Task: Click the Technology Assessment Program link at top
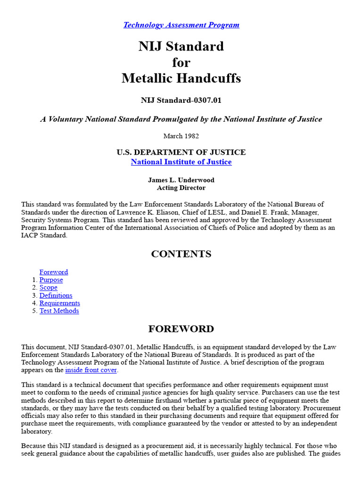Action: (181, 25)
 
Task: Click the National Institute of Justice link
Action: (181, 162)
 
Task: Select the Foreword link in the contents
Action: (53, 272)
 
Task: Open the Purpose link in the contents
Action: (51, 280)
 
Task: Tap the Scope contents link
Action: (48, 288)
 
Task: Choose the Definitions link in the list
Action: (56, 295)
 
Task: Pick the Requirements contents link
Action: (59, 303)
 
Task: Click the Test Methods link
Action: (59, 311)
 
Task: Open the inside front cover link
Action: (91, 370)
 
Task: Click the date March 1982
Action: (181, 136)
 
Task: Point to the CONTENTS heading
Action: (181, 254)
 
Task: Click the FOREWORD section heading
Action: (181, 329)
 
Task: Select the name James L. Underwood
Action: (181, 180)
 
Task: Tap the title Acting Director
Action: (181, 188)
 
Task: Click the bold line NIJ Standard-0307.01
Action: (181, 100)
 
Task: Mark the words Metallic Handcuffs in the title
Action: (181, 78)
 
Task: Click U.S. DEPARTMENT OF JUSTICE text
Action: (181, 152)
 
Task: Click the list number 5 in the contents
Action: (34, 311)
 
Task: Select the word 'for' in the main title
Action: (181, 63)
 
